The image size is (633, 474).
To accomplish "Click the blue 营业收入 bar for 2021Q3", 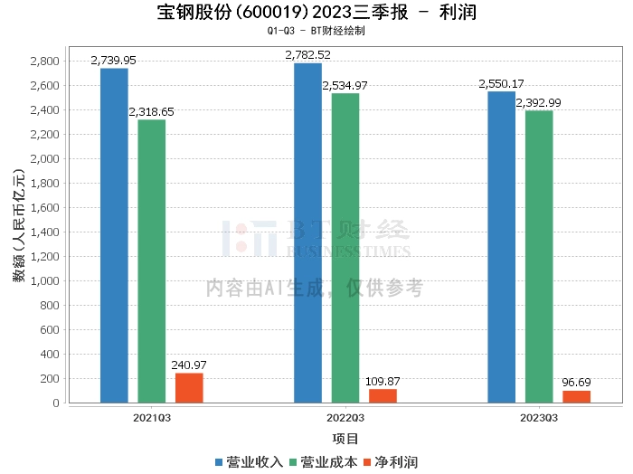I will pos(114,235).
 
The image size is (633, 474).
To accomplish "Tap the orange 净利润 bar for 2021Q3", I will pos(189,388).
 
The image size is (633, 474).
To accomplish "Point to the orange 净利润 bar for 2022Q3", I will pos(383,396).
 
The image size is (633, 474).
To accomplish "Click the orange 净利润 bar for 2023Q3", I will pos(576,397).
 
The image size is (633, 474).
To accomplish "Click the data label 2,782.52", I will pos(308,55).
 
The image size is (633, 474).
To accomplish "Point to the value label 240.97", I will pos(189,365).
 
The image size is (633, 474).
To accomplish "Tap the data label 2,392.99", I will pos(538,102).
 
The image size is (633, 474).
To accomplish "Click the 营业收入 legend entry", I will pos(250,462).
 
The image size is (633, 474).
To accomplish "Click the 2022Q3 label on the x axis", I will pos(345,418).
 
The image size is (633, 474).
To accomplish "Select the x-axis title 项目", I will pos(345,439).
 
